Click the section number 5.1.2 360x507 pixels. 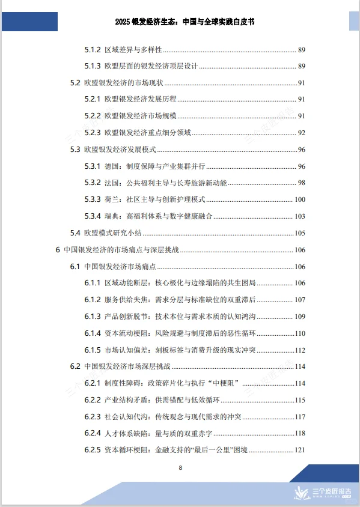pos(92,49)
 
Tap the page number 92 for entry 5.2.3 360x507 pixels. pos(302,132)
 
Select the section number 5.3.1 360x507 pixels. pos(92,166)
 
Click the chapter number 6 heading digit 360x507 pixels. pos(58,250)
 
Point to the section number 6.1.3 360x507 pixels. pos(92,316)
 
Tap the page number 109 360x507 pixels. pos(300,316)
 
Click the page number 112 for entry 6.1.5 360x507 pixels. pos(300,350)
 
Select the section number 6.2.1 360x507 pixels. pos(92,383)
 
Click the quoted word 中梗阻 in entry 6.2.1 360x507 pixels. pos(224,383)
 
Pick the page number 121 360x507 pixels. pos(300,450)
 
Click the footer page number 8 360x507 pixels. pos(180,467)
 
